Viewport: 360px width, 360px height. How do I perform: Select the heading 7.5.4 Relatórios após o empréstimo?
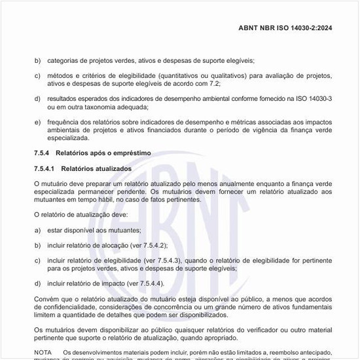[x=92, y=153]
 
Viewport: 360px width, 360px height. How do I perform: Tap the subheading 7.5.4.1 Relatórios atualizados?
[x=82, y=169]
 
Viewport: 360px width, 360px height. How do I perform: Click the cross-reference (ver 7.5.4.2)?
[x=145, y=245]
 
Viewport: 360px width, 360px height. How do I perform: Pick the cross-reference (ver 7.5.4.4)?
[x=141, y=283]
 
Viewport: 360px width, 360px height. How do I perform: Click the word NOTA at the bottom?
[x=43, y=352]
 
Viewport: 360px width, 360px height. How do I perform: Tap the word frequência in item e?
[x=63, y=122]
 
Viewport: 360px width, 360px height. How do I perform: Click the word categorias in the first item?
[x=63, y=60]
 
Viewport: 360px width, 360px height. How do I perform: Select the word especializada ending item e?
[x=67, y=137]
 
